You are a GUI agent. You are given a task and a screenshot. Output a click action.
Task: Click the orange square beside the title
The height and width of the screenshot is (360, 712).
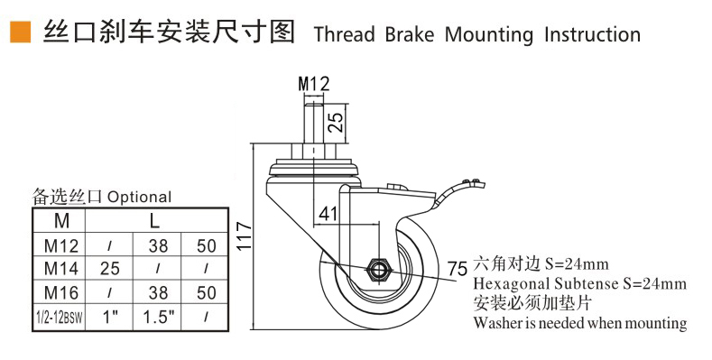(20, 32)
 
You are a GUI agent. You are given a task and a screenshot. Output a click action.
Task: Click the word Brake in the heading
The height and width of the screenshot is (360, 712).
(410, 35)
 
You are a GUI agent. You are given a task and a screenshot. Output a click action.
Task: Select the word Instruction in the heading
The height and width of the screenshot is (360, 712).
(593, 35)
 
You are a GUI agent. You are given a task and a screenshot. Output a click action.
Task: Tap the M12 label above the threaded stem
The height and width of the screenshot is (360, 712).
(314, 84)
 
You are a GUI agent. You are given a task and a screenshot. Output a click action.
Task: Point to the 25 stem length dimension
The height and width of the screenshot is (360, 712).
(335, 122)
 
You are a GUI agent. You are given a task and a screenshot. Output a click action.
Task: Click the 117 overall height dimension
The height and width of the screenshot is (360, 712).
(244, 235)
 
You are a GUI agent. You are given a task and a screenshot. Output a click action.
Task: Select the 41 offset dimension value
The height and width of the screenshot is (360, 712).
(328, 213)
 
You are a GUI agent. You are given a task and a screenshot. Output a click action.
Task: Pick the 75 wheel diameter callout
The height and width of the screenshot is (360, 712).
(458, 269)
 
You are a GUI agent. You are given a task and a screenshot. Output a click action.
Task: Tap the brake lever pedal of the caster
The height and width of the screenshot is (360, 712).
(458, 190)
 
